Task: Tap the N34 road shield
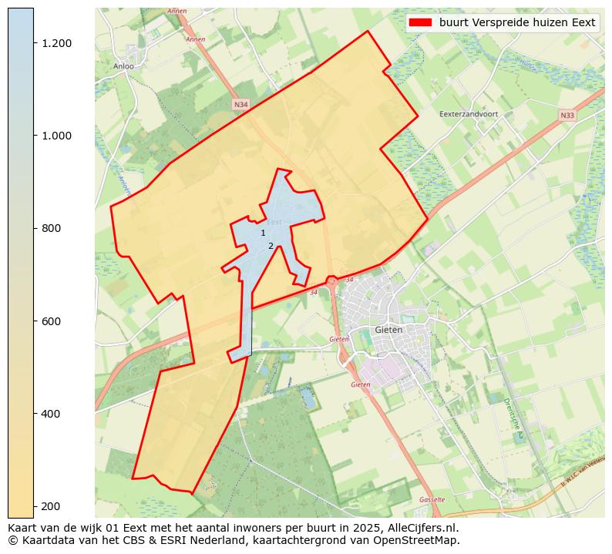(x=240, y=103)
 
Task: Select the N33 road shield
(x=567, y=116)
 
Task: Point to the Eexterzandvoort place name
(x=469, y=114)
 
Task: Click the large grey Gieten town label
(x=388, y=330)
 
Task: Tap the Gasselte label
(x=432, y=499)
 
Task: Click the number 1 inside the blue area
(x=263, y=233)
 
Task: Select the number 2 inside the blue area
(x=271, y=246)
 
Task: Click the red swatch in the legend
(x=422, y=22)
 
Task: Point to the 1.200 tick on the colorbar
(x=57, y=43)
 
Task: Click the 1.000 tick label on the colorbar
(x=57, y=136)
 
